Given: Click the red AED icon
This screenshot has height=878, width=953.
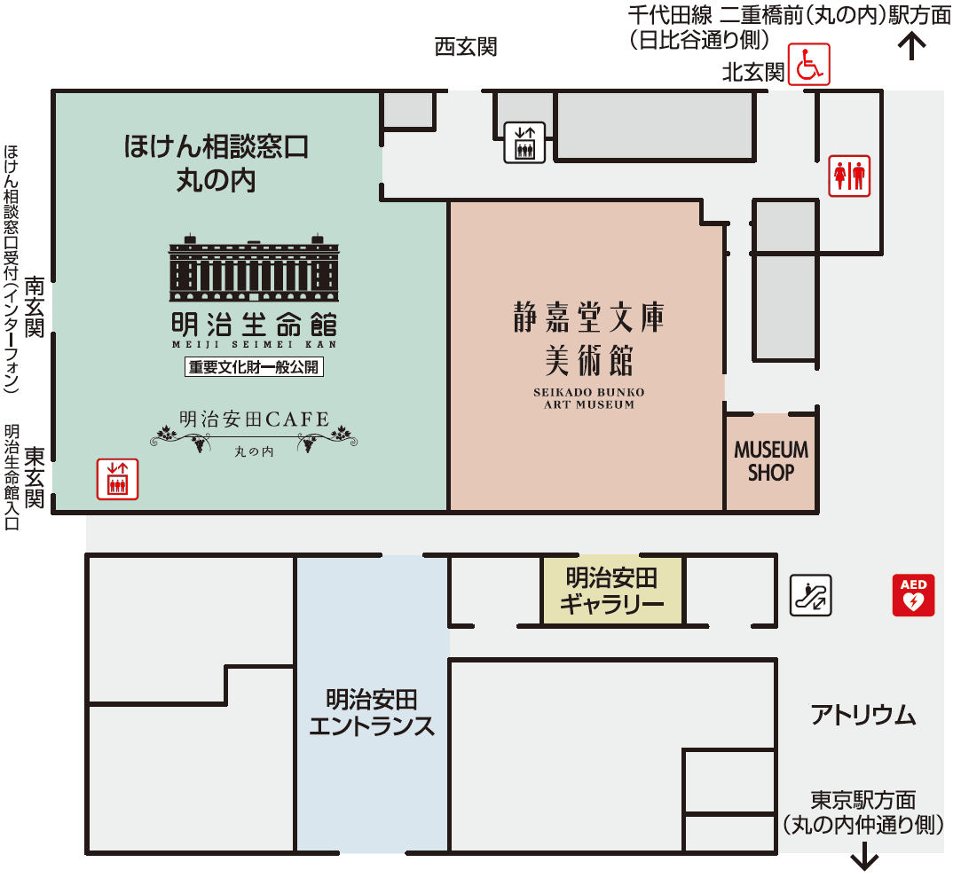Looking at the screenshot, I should point(913,595).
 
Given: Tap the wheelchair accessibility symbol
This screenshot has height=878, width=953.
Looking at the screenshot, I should point(808,65).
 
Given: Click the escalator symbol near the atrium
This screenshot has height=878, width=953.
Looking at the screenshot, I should point(811,595).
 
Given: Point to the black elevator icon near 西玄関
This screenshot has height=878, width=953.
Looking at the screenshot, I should point(524,142).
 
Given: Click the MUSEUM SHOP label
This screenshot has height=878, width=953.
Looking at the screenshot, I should point(771,461).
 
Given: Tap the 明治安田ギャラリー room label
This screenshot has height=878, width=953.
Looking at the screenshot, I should point(612,592).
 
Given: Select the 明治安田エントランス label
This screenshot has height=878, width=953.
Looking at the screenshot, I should point(372,713).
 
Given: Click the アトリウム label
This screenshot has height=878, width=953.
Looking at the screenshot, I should point(862,715).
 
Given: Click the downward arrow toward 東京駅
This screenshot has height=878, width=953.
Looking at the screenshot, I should point(864,858).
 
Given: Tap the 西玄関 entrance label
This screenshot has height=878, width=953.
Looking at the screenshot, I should point(465,47).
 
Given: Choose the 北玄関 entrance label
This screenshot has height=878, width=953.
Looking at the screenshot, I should point(753,73).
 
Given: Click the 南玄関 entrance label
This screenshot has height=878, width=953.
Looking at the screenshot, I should point(35,307).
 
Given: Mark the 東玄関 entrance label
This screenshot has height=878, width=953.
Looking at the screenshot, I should point(35,476).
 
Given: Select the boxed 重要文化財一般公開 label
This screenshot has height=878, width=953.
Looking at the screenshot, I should point(254,366).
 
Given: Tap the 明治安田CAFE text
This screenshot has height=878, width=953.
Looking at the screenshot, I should point(254,419).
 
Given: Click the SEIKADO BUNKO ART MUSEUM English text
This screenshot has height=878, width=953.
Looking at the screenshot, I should point(588,398).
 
